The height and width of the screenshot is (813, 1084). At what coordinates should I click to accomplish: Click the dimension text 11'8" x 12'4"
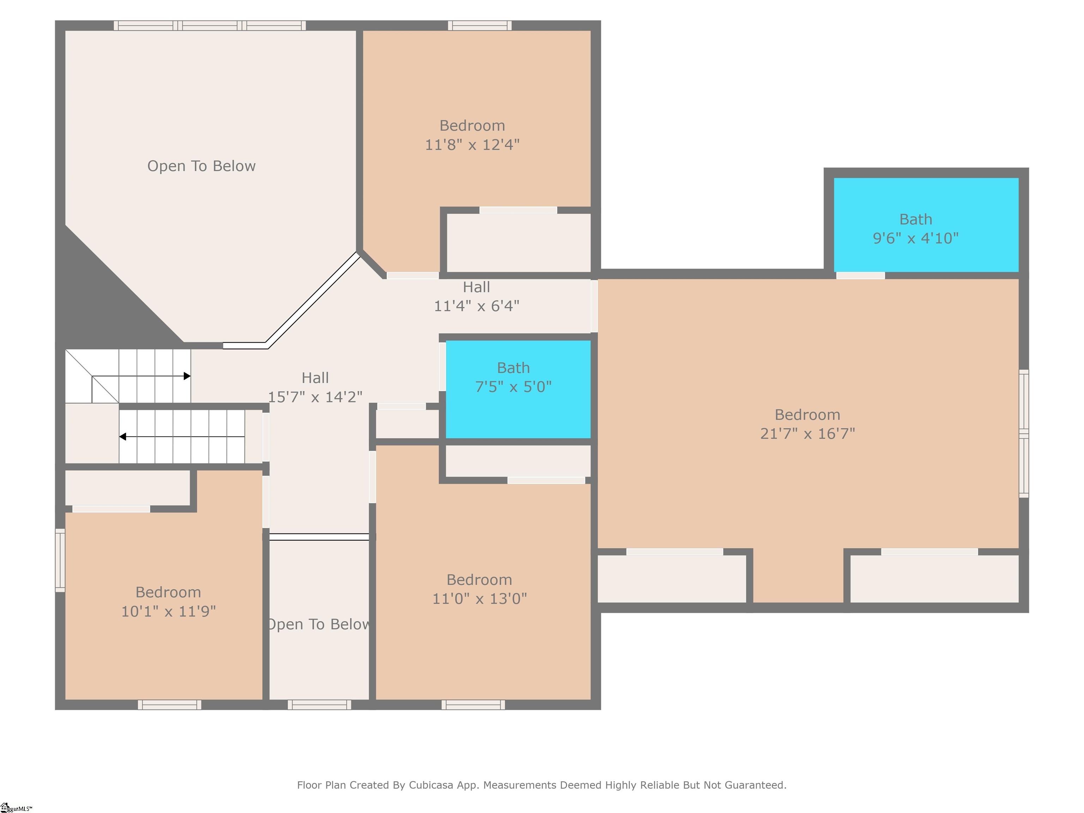[472, 145]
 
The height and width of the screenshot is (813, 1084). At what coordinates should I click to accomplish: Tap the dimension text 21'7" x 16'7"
[807, 433]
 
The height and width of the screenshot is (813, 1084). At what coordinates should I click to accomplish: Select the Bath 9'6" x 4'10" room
[926, 224]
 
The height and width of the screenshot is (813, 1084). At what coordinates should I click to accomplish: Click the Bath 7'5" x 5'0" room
[518, 389]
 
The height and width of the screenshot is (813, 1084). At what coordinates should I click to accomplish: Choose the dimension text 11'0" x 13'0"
[479, 598]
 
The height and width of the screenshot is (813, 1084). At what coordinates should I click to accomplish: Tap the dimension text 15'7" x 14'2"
[315, 397]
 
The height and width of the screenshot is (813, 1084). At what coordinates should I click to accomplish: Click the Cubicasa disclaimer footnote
[542, 784]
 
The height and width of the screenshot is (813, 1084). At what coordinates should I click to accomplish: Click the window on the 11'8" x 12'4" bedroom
[480, 25]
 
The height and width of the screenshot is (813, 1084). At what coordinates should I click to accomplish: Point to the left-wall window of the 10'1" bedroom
[60, 560]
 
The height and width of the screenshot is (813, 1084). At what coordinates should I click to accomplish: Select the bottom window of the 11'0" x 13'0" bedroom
[473, 705]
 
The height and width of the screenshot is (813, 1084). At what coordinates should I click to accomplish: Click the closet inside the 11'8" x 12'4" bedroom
[518, 242]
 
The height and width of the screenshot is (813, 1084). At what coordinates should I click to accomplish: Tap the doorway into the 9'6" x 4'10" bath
[860, 275]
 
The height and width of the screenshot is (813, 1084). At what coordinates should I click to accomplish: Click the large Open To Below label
[201, 166]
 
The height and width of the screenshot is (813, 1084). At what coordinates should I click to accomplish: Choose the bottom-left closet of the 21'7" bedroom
[672, 579]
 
